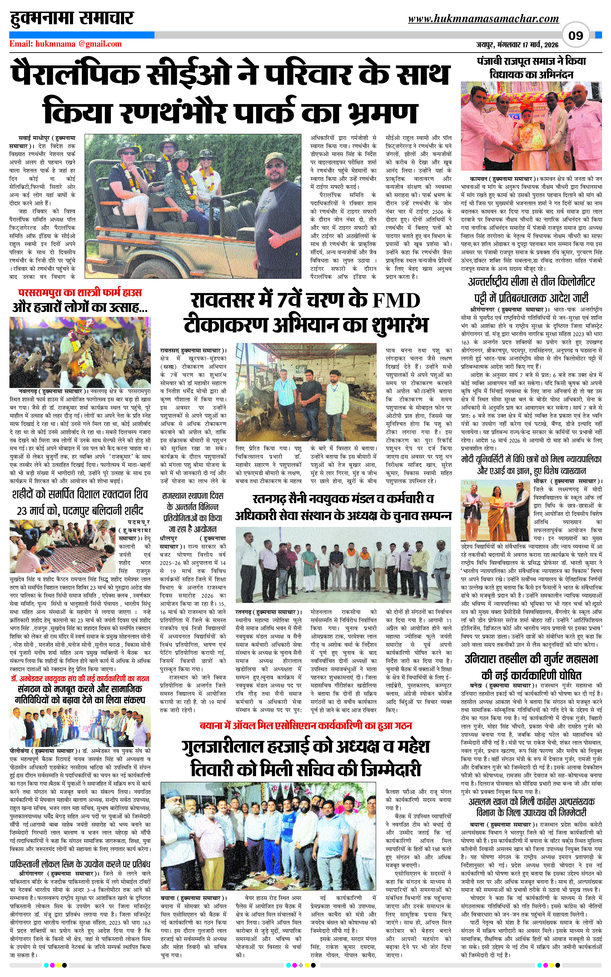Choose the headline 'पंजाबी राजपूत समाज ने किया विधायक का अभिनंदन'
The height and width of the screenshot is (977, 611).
pos(531,68)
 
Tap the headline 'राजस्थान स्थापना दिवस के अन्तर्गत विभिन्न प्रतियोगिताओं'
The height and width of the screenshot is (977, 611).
pos(192,512)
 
